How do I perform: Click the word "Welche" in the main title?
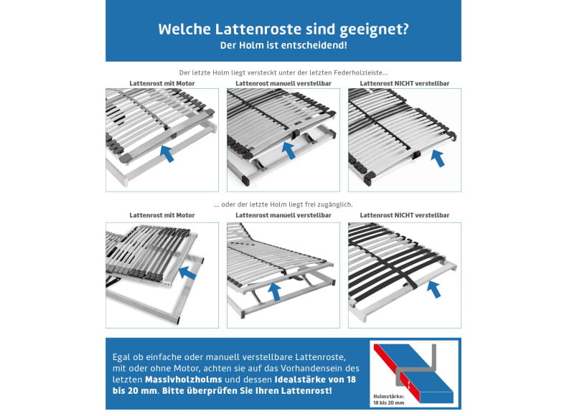182,30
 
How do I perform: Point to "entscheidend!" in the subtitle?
319,45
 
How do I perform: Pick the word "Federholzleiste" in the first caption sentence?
361,72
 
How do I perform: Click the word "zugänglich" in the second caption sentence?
335,204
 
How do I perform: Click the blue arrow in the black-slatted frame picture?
433,288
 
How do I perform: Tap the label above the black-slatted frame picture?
404,215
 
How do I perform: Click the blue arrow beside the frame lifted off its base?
187,272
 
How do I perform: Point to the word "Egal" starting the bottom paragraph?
122,356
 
